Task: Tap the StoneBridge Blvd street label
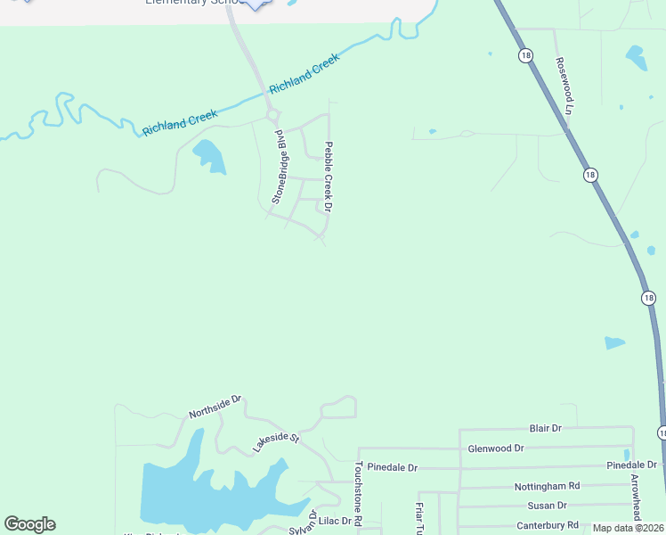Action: point(280,167)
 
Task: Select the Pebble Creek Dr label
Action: point(328,177)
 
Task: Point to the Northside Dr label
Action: point(215,407)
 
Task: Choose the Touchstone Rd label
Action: point(358,492)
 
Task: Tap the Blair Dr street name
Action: point(545,429)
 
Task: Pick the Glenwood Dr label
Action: point(496,449)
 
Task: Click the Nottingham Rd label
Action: point(547,486)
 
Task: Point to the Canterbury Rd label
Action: point(547,525)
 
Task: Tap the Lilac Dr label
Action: point(337,520)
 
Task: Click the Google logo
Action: point(29,524)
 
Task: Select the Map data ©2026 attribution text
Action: point(628,528)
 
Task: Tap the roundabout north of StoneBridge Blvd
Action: point(272,115)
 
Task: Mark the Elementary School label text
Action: point(191,3)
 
